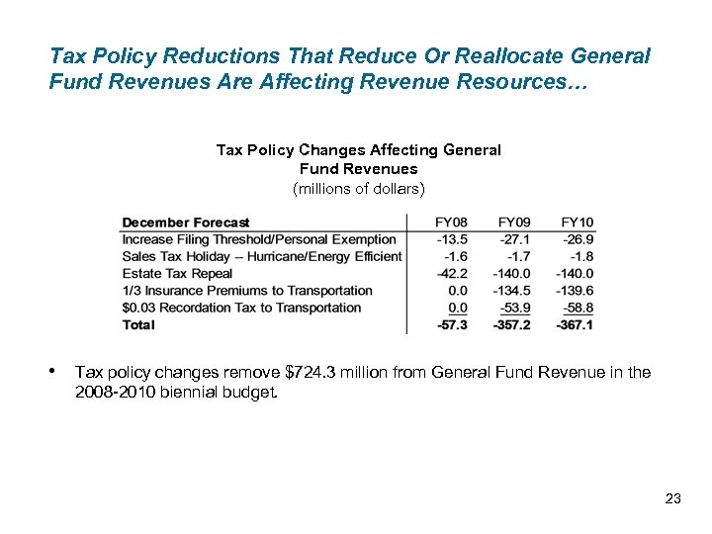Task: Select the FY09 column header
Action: (x=514, y=222)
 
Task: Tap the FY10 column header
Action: (x=577, y=222)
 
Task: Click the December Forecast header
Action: (x=186, y=222)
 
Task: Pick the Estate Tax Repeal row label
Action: (x=177, y=274)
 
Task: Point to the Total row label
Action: (x=138, y=324)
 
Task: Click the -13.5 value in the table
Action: (x=452, y=239)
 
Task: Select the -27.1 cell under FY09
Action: (x=514, y=239)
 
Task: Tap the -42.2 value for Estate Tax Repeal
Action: (x=452, y=274)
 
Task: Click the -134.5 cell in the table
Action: (x=511, y=291)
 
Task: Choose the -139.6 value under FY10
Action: (x=575, y=291)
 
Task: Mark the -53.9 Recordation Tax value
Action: (x=514, y=308)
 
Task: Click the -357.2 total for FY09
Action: (x=511, y=324)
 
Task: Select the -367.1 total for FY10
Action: (x=575, y=324)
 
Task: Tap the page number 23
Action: (x=673, y=498)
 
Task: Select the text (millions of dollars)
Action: (x=358, y=188)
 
